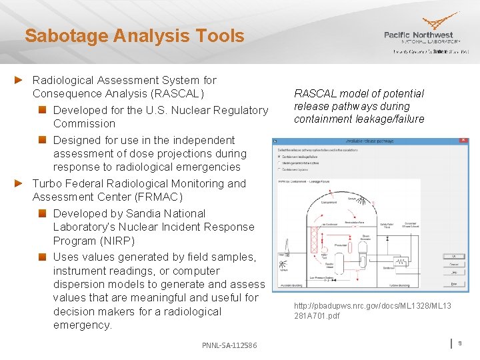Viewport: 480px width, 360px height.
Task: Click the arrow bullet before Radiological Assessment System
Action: (x=20, y=80)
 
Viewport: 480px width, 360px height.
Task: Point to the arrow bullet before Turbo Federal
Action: (x=20, y=183)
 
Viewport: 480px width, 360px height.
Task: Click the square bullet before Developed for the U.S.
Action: (x=41, y=110)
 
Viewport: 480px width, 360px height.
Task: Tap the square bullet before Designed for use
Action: (x=41, y=140)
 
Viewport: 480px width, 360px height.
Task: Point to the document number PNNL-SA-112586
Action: (x=229, y=344)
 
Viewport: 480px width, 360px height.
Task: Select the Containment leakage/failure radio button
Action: (x=279, y=157)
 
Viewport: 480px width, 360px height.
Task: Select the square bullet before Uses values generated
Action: (x=41, y=257)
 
